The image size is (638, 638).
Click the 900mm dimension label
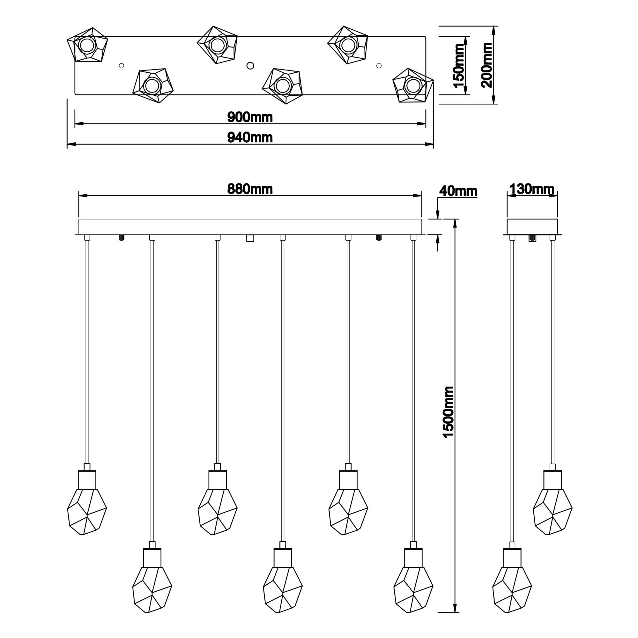pos(250,117)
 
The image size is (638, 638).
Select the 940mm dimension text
pos(250,137)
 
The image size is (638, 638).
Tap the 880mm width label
pos(250,189)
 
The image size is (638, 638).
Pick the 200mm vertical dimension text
pos(487,65)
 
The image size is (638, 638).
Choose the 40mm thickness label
pos(458,191)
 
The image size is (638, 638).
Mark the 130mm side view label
pos(532,189)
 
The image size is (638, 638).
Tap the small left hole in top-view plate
pos(122,66)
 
